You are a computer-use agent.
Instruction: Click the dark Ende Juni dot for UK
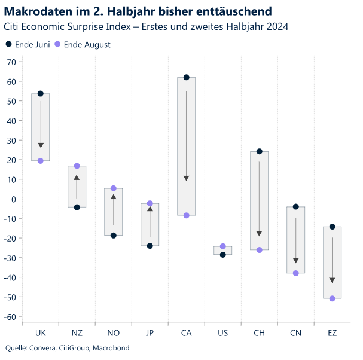(41, 94)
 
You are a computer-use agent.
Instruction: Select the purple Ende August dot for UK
(41, 161)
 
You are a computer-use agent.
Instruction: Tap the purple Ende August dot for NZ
(77, 166)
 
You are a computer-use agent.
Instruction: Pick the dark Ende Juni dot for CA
(186, 78)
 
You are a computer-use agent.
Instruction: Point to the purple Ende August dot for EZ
(332, 298)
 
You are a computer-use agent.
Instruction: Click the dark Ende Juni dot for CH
(259, 151)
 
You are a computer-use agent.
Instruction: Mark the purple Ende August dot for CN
(295, 273)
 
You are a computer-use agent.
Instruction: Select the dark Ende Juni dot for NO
(114, 236)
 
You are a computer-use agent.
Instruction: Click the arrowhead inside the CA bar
(186, 178)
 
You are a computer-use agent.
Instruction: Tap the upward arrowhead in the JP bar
(150, 209)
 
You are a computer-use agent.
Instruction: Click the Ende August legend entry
(82, 45)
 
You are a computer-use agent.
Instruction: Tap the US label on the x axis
(222, 332)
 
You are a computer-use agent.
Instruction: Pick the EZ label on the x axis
(332, 332)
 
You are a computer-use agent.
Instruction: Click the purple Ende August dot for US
(222, 246)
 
